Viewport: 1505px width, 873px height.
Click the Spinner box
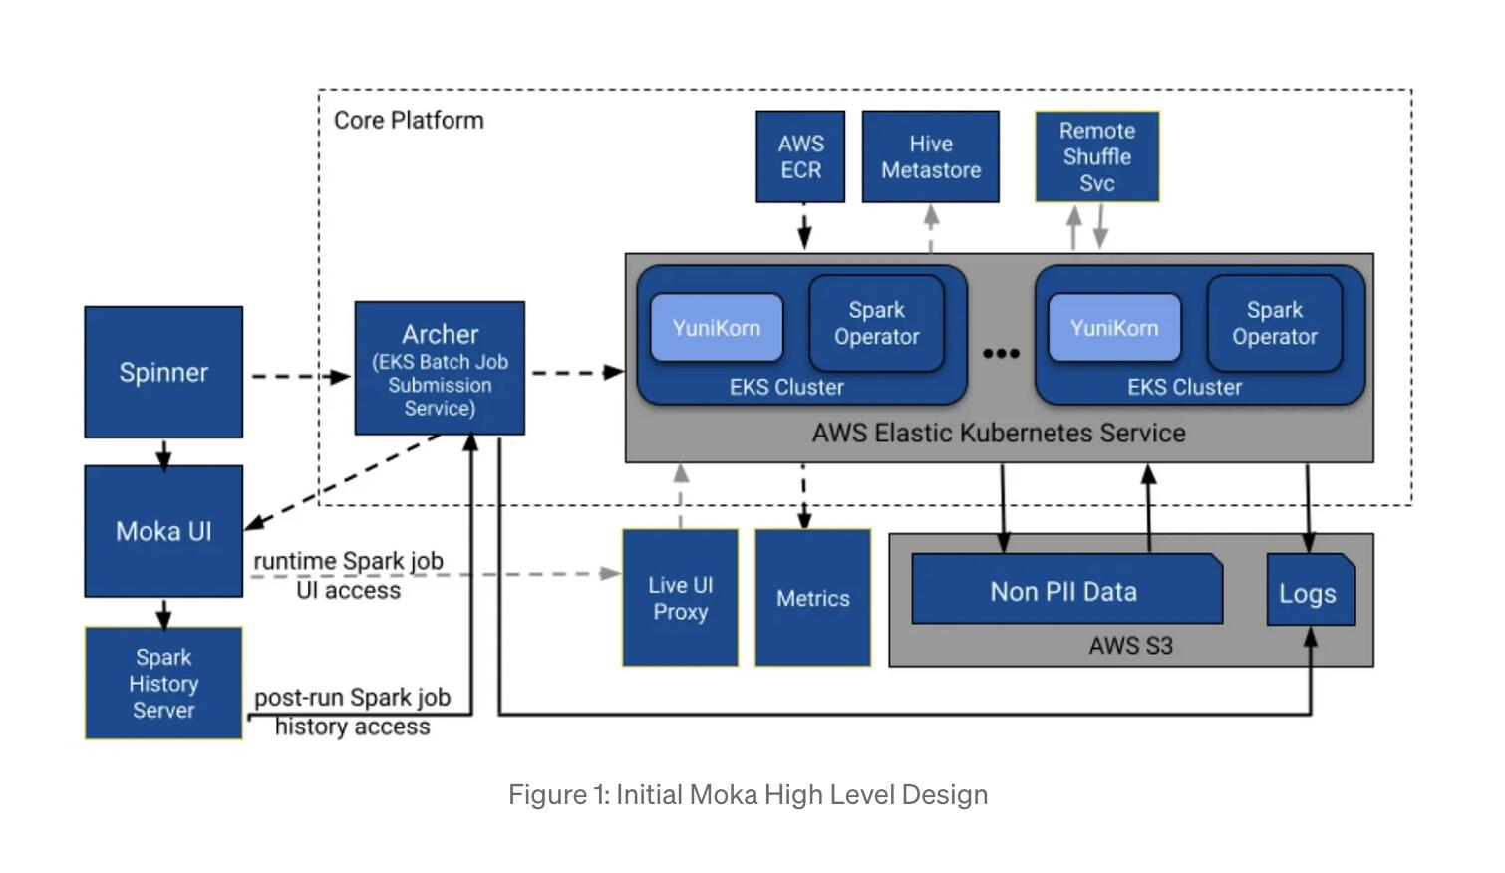coord(163,372)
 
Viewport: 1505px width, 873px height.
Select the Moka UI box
coord(163,531)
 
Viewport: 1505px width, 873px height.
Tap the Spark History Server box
coord(163,684)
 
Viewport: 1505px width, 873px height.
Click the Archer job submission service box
coord(440,369)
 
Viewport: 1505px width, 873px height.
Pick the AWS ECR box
coord(800,157)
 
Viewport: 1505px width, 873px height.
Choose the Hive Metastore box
coord(930,157)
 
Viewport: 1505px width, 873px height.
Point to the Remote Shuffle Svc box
coord(1096,157)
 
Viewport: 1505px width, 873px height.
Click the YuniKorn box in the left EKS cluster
coord(716,328)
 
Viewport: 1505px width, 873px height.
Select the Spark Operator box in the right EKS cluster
coord(1274,324)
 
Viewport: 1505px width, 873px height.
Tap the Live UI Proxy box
coord(680,598)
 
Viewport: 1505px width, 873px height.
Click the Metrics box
coord(812,598)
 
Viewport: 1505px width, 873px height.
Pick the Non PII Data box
coord(1063,591)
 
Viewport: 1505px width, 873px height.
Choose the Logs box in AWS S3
coord(1308,594)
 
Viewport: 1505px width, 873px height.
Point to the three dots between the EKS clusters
coord(1001,353)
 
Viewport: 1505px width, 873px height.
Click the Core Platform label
coord(409,121)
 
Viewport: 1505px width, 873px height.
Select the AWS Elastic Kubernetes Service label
coord(999,434)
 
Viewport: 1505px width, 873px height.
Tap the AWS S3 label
coord(1130,646)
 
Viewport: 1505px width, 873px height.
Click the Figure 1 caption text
coord(748,795)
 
